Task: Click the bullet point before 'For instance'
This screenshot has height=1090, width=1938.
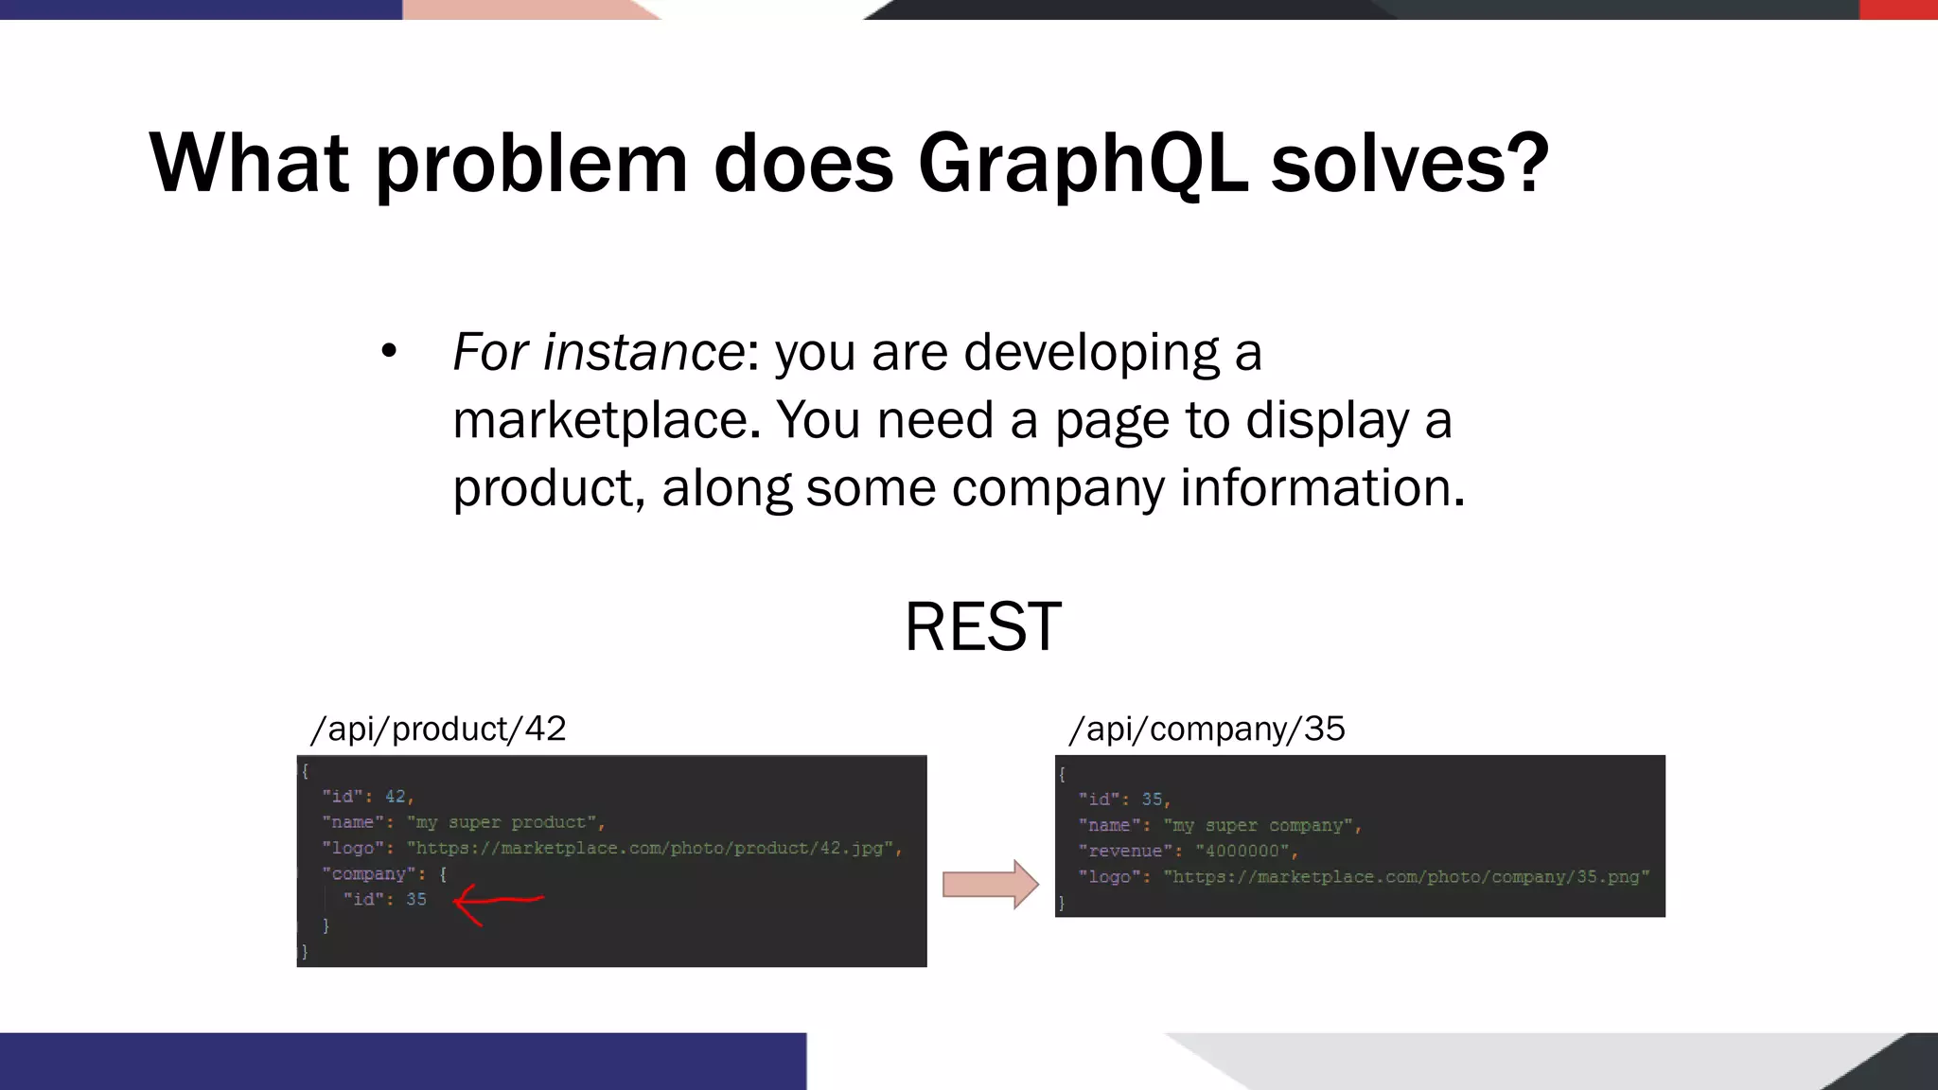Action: click(389, 352)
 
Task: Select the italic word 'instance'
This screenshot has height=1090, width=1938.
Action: click(643, 352)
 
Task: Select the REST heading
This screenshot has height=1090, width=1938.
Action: click(983, 626)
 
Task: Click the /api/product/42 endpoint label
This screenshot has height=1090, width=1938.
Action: click(438, 729)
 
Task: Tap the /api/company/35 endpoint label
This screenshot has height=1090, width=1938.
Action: click(1207, 729)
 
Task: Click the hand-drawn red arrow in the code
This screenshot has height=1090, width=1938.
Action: click(497, 902)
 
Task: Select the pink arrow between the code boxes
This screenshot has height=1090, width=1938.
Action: click(990, 885)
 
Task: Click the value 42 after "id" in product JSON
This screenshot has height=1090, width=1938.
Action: click(396, 797)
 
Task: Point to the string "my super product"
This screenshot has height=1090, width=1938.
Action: click(502, 822)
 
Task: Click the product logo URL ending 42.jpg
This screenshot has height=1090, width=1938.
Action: click(653, 848)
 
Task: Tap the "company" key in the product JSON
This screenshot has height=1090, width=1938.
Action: click(368, 873)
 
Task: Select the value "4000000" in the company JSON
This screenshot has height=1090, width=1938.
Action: click(1242, 851)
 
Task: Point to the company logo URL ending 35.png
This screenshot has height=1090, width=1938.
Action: click(1406, 877)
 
